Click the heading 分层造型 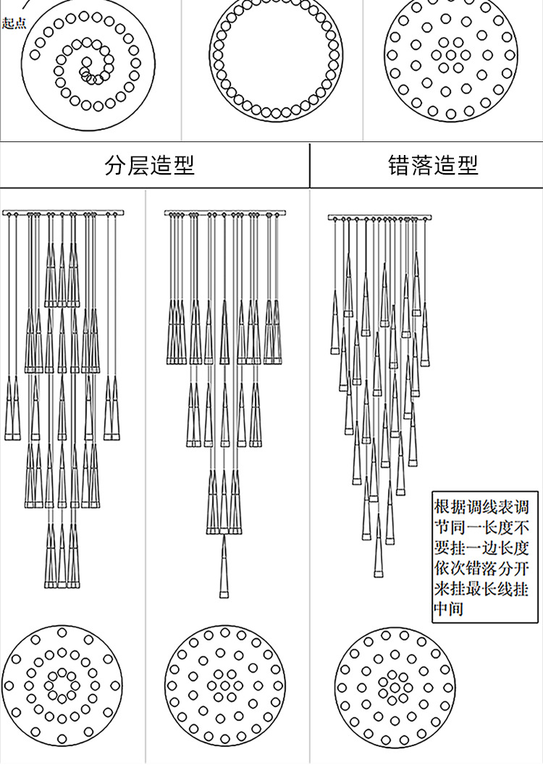(x=150, y=166)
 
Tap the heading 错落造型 (x=433, y=166)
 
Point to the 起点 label (x=14, y=24)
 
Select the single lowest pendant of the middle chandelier (x=224, y=568)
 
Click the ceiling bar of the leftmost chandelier (x=63, y=213)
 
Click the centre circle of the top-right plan (x=451, y=54)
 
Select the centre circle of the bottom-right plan (x=394, y=685)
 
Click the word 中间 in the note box (x=448, y=609)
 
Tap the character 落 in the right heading (x=422, y=166)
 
